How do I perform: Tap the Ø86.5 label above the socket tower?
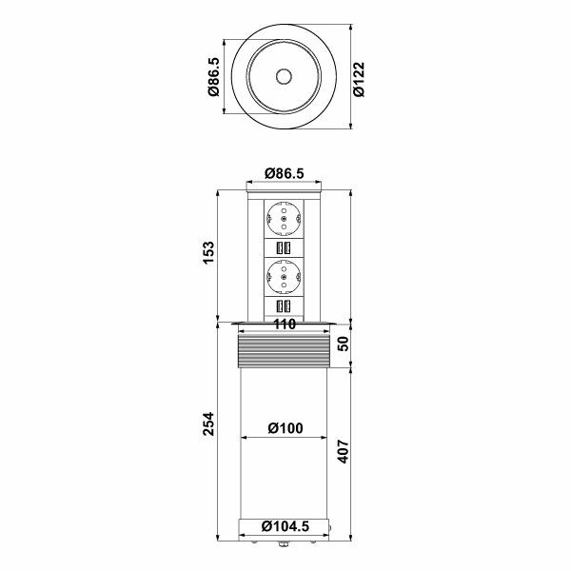click(284, 174)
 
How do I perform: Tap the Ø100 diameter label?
click(285, 428)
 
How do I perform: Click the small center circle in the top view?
click(285, 77)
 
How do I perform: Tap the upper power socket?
click(285, 221)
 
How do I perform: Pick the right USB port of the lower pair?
click(289, 307)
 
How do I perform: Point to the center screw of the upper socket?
click(285, 221)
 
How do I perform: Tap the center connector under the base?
click(285, 545)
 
